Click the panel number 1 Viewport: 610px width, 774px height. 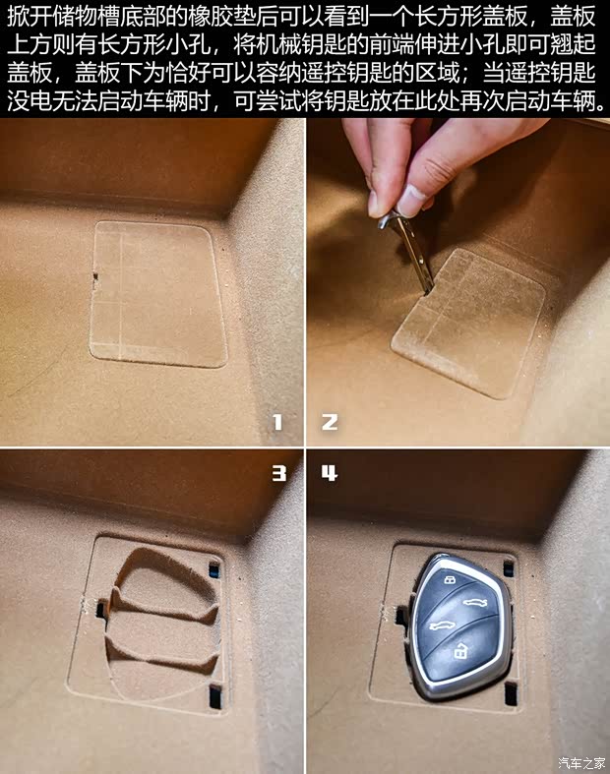[277, 422]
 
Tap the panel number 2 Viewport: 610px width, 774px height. [330, 422]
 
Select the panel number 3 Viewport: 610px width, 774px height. [278, 473]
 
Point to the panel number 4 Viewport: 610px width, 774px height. [329, 473]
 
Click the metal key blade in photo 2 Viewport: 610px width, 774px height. [414, 251]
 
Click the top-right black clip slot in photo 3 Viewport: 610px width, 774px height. [214, 567]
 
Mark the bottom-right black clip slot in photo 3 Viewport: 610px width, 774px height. [214, 694]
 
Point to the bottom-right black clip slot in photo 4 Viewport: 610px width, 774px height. [511, 693]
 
